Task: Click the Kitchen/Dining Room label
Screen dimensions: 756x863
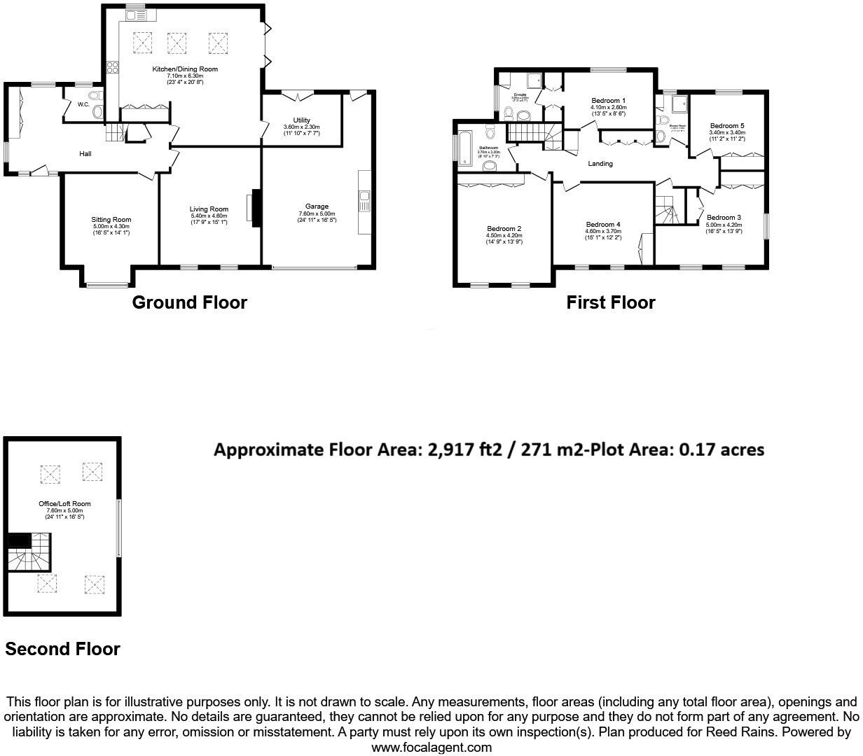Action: point(185,69)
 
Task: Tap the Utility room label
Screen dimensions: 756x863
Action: point(301,120)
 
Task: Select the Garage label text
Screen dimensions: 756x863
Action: point(317,206)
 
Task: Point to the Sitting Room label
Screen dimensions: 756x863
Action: point(111,220)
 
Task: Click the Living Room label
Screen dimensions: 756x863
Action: point(209,209)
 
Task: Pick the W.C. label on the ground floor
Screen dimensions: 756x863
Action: point(83,105)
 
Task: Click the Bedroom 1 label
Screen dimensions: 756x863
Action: point(608,101)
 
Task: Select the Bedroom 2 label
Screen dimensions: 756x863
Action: point(504,229)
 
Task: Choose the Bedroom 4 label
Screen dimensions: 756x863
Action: point(603,225)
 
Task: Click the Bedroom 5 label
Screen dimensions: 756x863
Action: point(727,126)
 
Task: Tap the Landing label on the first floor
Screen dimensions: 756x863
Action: point(600,164)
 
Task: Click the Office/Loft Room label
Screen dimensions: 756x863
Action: point(64,504)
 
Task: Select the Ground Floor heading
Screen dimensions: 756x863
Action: point(189,302)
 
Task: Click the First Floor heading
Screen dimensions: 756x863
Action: point(610,302)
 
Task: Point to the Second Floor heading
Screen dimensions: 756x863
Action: point(62,649)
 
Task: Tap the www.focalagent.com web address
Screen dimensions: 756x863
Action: point(431,747)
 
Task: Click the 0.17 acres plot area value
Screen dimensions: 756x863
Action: point(721,449)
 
